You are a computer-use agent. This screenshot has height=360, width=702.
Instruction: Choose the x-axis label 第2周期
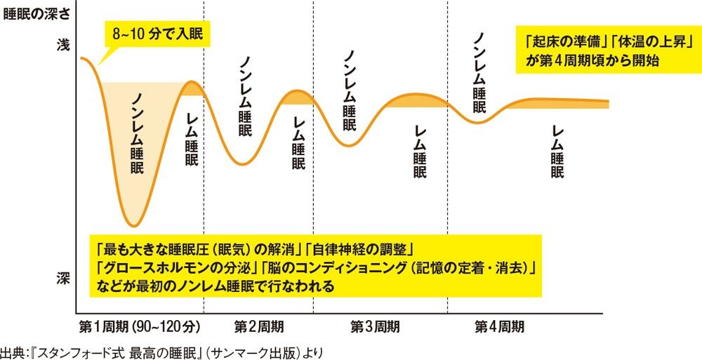(259, 326)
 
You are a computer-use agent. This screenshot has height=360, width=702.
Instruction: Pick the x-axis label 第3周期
(376, 326)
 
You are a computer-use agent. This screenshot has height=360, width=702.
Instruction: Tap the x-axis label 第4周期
(499, 326)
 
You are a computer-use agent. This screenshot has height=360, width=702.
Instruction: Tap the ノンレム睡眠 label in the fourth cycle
(479, 73)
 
